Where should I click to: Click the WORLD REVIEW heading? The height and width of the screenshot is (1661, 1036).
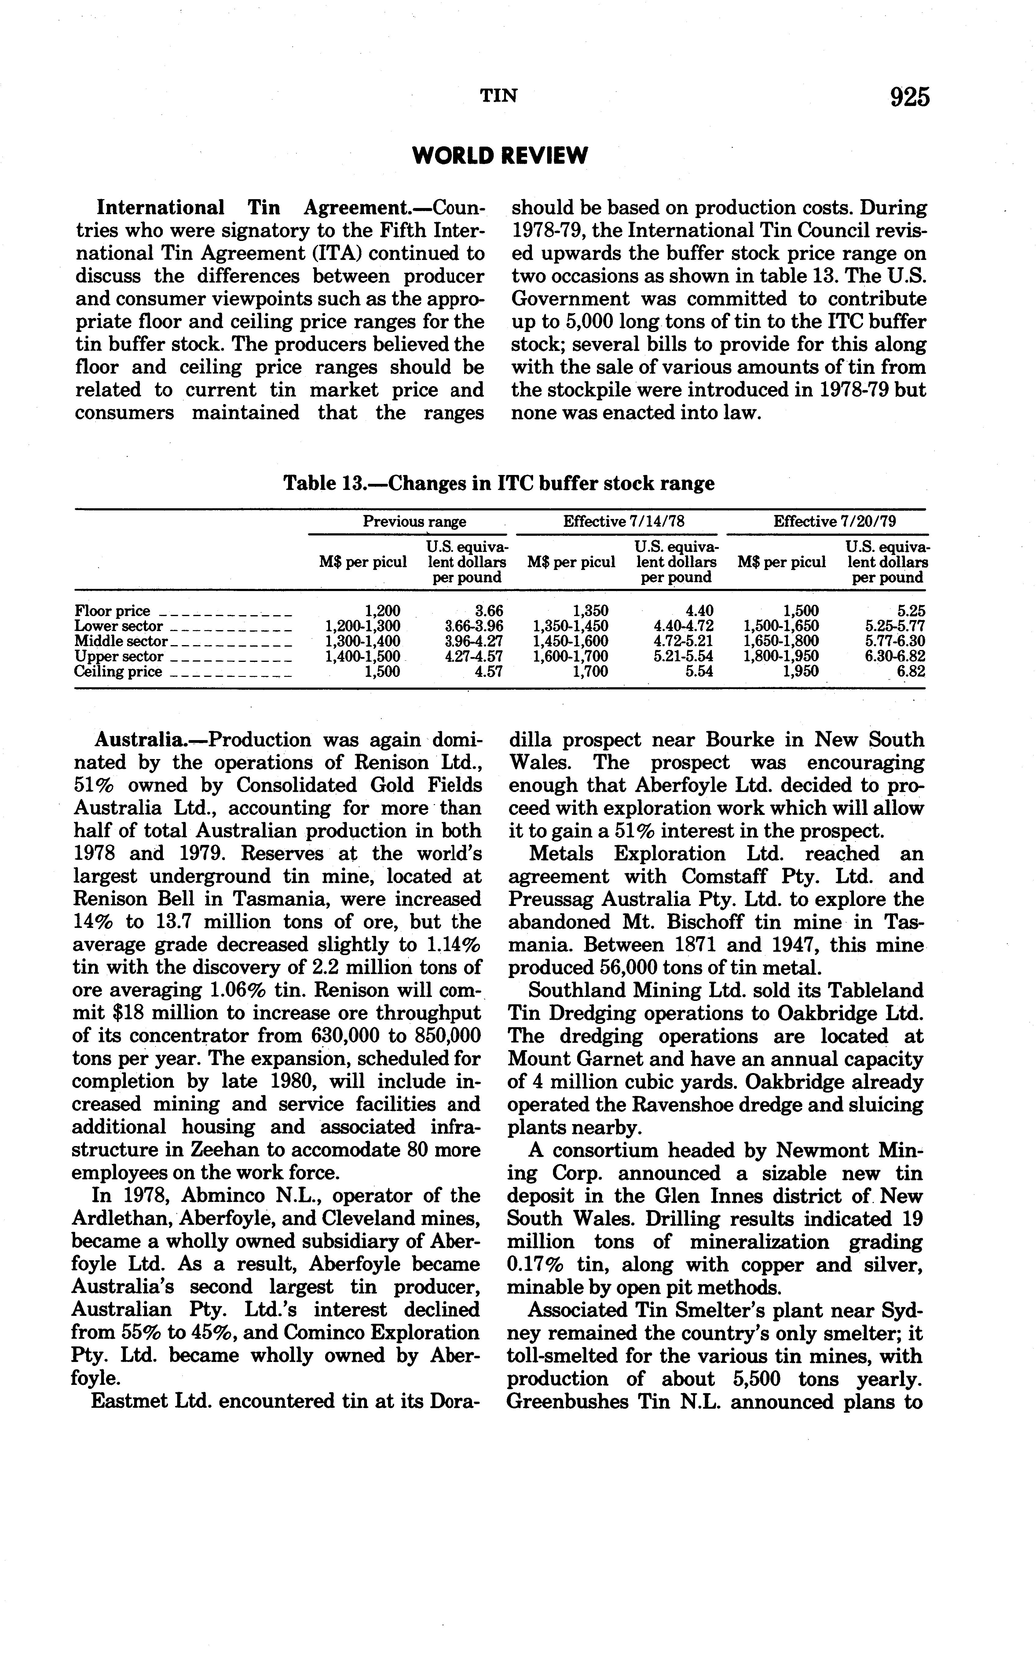click(x=500, y=156)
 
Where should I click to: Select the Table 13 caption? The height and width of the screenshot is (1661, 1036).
click(x=499, y=484)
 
